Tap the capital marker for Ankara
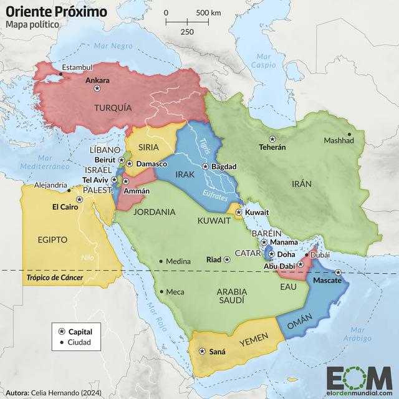[97, 89]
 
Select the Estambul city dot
[60, 75]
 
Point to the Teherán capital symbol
[272, 138]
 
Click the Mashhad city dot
[349, 133]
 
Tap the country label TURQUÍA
[113, 108]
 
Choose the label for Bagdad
[224, 166]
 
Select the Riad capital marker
[227, 259]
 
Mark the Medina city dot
[161, 261]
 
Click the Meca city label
[175, 292]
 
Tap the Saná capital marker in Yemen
[201, 352]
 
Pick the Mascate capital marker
[339, 272]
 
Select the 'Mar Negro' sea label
[114, 46]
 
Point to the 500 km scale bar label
[208, 12]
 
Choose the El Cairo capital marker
[79, 199]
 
